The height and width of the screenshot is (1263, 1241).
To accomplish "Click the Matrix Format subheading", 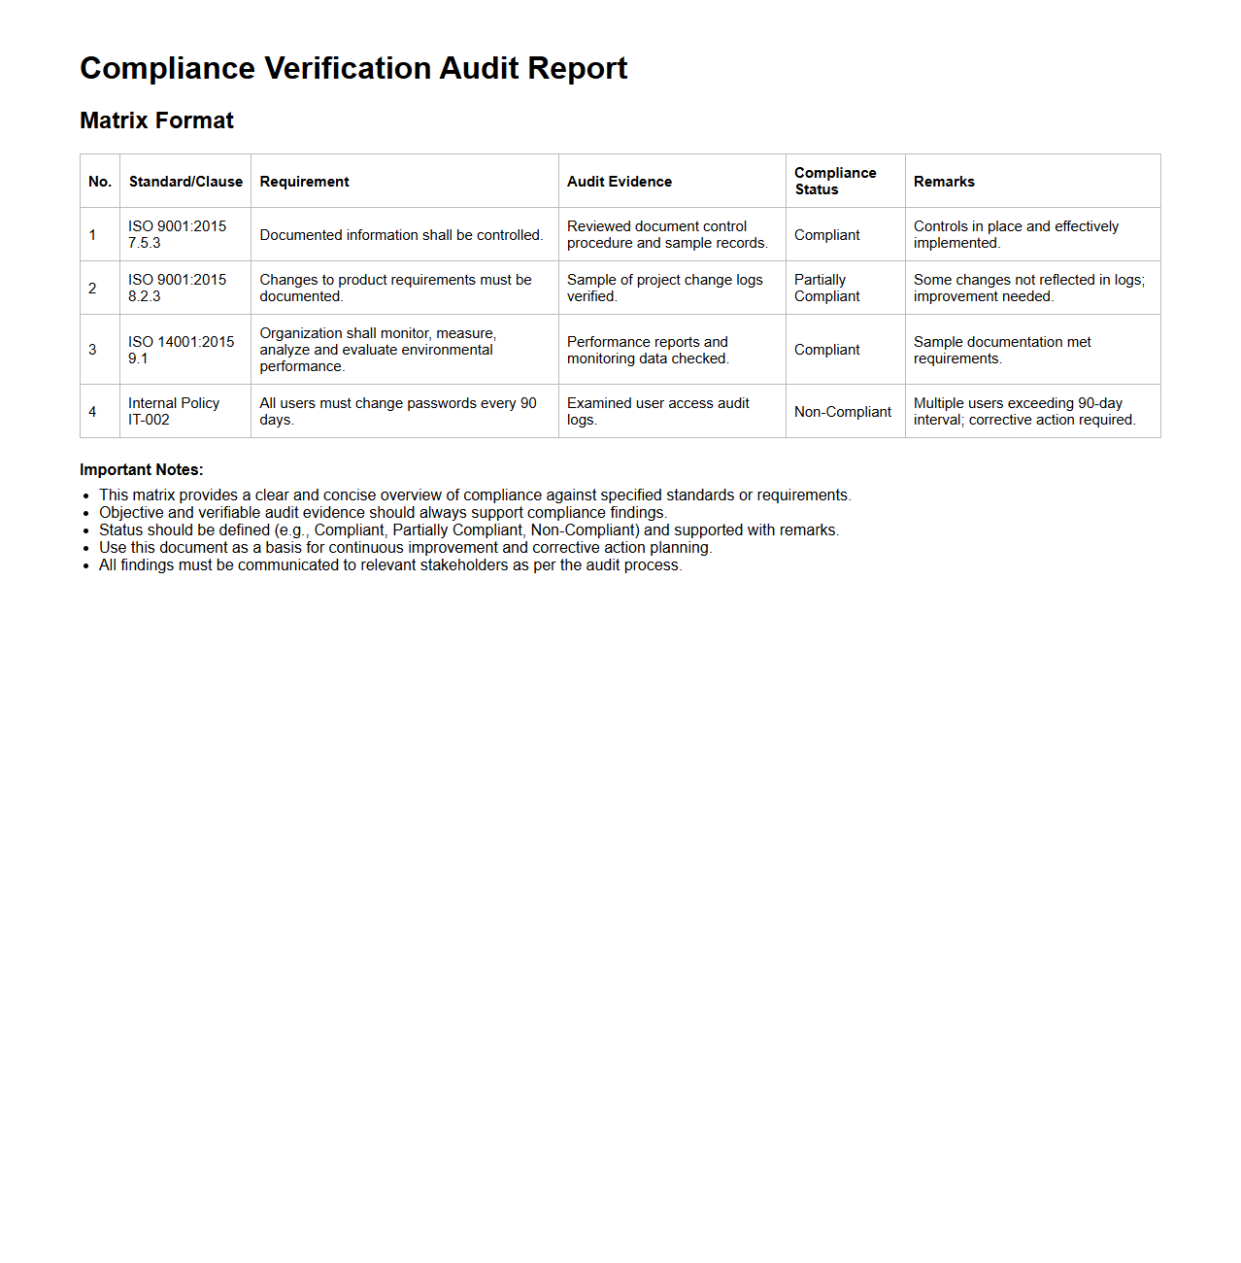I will (x=156, y=120).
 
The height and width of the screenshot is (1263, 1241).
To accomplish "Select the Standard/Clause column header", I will (x=185, y=182).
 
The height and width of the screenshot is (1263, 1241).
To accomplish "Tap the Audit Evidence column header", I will (x=620, y=182).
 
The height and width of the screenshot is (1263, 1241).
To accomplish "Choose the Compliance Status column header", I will (x=835, y=181).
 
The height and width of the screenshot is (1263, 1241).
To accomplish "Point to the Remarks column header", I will (x=944, y=182).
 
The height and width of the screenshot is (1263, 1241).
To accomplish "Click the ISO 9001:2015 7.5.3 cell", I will (x=177, y=234).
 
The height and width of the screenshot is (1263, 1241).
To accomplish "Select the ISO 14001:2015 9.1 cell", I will (x=181, y=350).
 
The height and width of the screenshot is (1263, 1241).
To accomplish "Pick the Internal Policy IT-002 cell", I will (x=174, y=411).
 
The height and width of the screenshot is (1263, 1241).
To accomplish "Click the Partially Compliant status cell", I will (x=826, y=288).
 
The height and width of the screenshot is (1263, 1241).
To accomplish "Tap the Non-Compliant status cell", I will (x=842, y=412).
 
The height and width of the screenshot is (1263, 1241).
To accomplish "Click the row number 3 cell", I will (x=93, y=350).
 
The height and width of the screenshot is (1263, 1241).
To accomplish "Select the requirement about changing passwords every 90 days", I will (x=398, y=411).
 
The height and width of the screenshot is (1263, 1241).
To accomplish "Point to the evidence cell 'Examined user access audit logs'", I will (x=658, y=411).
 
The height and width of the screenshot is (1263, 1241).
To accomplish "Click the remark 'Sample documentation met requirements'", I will (x=1002, y=350).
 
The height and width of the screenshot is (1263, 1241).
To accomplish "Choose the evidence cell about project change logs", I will (x=665, y=288).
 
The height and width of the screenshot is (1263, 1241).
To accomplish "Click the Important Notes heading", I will (x=142, y=470).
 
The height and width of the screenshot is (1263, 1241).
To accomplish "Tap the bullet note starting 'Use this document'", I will (x=405, y=548).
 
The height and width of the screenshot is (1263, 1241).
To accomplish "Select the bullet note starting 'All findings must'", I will (x=390, y=565).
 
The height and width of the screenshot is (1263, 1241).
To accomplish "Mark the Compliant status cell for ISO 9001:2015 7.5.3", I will (x=826, y=235).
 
